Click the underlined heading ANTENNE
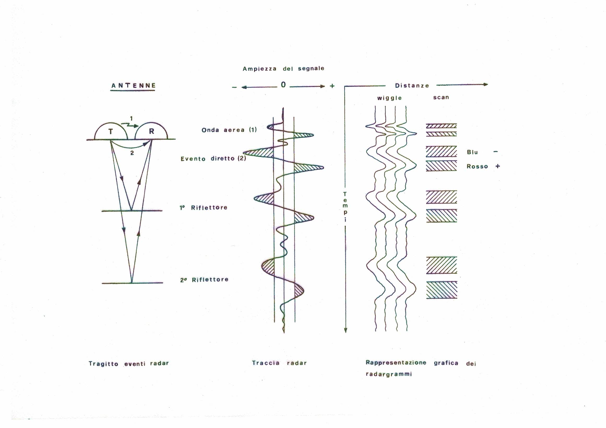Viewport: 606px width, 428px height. pyautogui.click(x=134, y=86)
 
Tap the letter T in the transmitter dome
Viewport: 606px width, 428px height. pyautogui.click(x=111, y=131)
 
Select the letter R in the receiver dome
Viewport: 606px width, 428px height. pyautogui.click(x=151, y=131)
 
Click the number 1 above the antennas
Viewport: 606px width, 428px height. pyautogui.click(x=132, y=119)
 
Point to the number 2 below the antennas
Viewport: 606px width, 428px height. pyautogui.click(x=132, y=153)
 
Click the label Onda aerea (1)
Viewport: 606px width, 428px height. pyautogui.click(x=229, y=130)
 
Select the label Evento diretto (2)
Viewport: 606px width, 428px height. pyautogui.click(x=213, y=159)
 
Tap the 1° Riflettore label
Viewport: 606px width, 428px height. pyautogui.click(x=204, y=208)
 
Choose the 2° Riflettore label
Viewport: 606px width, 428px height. pyautogui.click(x=204, y=280)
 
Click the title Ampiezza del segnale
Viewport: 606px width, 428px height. pyautogui.click(x=283, y=69)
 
